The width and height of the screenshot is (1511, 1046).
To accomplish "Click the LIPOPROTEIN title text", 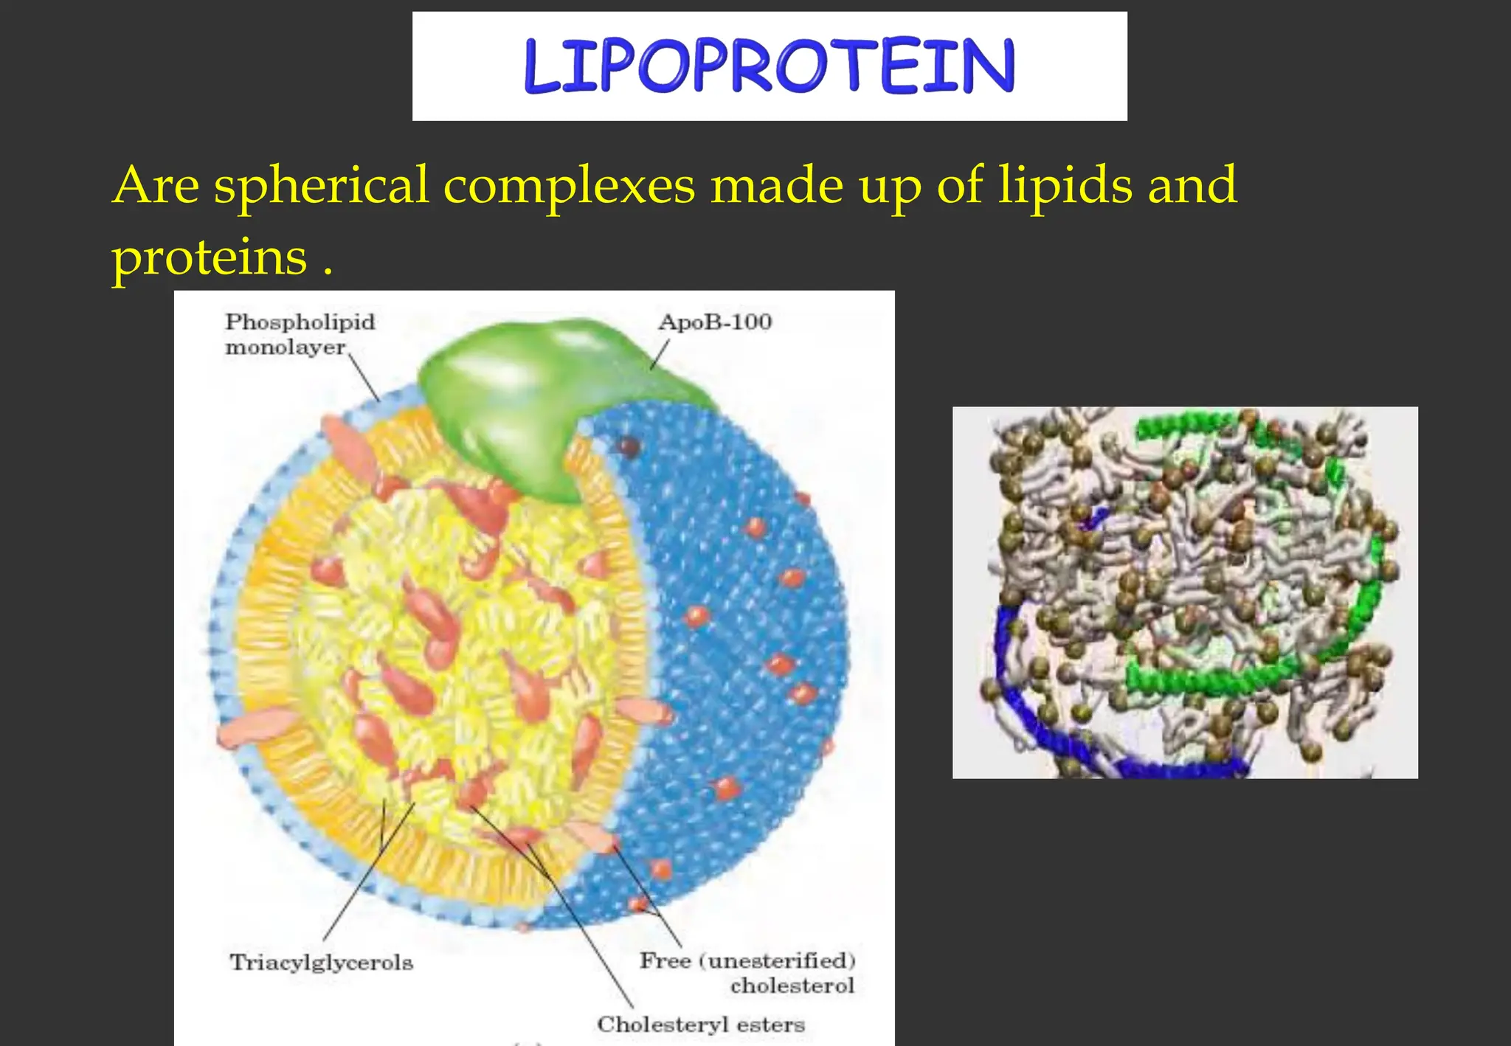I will coord(770,66).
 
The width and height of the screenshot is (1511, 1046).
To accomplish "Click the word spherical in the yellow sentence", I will coord(321,186).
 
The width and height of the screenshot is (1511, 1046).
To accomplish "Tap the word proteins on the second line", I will coord(209,258).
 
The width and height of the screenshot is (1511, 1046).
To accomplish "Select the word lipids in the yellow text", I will coord(1065,186).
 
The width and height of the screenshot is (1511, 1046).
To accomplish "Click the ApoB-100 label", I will coord(714,322).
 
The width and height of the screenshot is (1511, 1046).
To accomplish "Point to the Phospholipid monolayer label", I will coord(299,334).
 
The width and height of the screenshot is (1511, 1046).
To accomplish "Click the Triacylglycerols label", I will coord(321,963).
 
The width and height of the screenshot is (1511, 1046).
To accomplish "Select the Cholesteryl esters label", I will coord(700,1025).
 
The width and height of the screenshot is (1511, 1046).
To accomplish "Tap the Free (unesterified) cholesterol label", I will coord(747,972).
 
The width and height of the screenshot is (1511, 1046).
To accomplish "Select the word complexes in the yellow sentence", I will coord(569,186).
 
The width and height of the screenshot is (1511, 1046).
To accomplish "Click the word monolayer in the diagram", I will coord(285,347).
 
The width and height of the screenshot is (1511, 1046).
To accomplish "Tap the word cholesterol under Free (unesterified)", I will coord(792,986).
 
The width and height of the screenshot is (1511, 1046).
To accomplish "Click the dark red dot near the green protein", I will coord(628,446).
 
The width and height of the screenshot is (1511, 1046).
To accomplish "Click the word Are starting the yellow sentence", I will coord(156,186).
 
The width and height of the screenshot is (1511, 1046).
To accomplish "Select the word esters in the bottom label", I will coord(770,1025).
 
